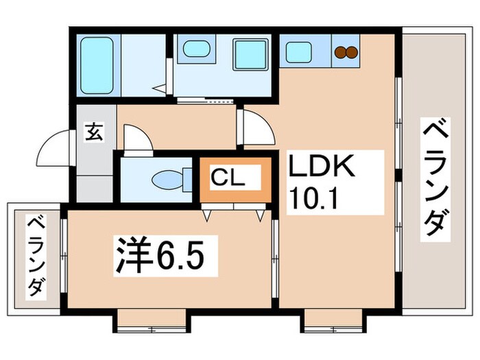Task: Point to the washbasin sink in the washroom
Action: pyautogui.click(x=197, y=49)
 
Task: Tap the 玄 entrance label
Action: pyautogui.click(x=94, y=132)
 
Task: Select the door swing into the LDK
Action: pyautogui.click(x=255, y=127)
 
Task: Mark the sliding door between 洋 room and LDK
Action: pyautogui.click(x=274, y=257)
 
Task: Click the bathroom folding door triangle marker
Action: pyautogui.click(x=161, y=88)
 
